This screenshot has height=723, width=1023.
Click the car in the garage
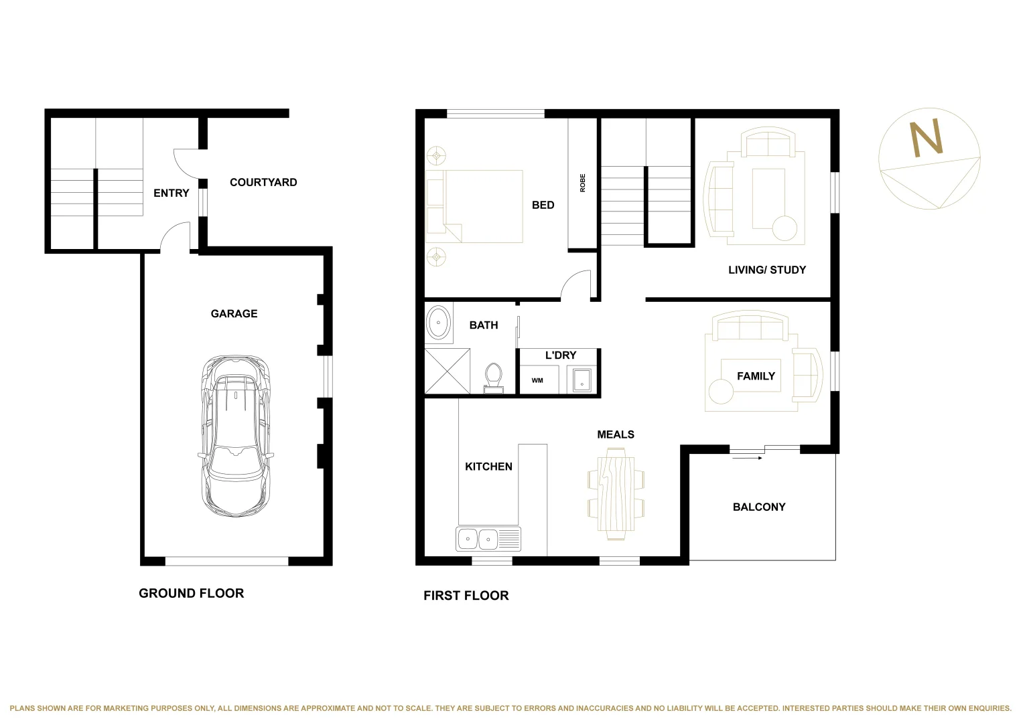tap(236, 436)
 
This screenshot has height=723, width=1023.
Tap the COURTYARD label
tap(263, 183)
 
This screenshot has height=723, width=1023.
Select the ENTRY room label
tap(172, 193)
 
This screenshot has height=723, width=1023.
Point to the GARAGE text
tap(234, 313)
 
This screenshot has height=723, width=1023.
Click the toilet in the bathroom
tap(493, 378)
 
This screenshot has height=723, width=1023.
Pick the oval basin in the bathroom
tap(438, 322)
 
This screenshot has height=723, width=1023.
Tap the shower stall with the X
tap(447, 371)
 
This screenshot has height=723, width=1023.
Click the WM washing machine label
tap(537, 380)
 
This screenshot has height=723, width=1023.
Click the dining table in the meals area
tap(616, 494)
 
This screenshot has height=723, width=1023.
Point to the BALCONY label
tap(759, 507)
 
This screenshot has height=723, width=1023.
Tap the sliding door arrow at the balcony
tap(747, 458)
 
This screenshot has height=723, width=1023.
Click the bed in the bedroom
tap(474, 206)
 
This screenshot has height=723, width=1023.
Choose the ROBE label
tap(582, 183)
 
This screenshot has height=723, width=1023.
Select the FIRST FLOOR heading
tap(466, 596)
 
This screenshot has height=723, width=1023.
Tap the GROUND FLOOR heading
tap(192, 593)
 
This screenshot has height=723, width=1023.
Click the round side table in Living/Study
tap(785, 228)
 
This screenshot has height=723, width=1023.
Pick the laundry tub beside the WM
tap(582, 381)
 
